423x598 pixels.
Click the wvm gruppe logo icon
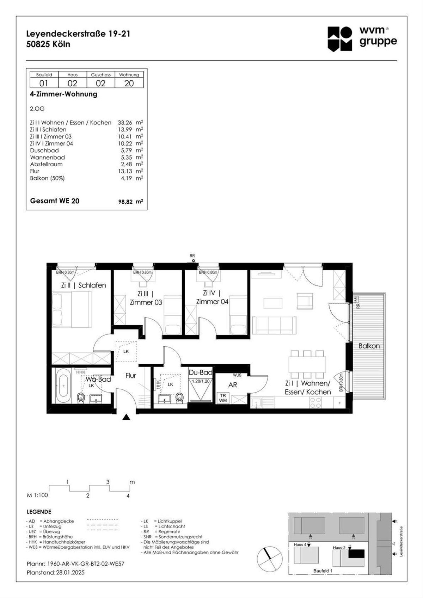(340, 39)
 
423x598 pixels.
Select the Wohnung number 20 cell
(129, 83)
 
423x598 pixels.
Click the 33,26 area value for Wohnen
(125, 123)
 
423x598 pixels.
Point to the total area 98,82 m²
(130, 202)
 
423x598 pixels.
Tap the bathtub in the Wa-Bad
(64, 386)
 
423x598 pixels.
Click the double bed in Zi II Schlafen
(72, 309)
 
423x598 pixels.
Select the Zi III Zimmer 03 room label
(146, 298)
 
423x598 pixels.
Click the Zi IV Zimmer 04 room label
(212, 297)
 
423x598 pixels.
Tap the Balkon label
(369, 346)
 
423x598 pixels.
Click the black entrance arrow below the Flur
(127, 418)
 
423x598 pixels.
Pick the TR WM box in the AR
(223, 398)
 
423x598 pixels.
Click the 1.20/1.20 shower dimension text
(201, 381)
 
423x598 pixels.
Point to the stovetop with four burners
(315, 402)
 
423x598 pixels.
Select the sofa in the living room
(274, 325)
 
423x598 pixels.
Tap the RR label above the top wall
(192, 256)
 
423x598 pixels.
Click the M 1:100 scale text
(37, 495)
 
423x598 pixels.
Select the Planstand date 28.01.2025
(70, 572)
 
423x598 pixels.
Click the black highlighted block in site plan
(356, 553)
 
